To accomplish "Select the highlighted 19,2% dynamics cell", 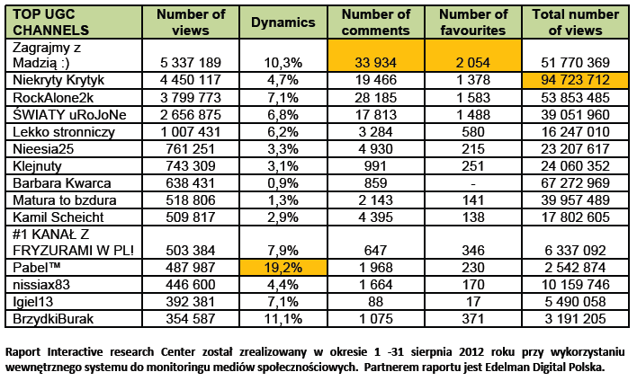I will point(283,267).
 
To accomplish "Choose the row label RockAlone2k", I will point(55,97).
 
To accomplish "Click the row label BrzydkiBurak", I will point(53,317).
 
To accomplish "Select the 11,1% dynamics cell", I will point(283,317).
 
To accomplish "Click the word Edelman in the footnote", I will point(493,366).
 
